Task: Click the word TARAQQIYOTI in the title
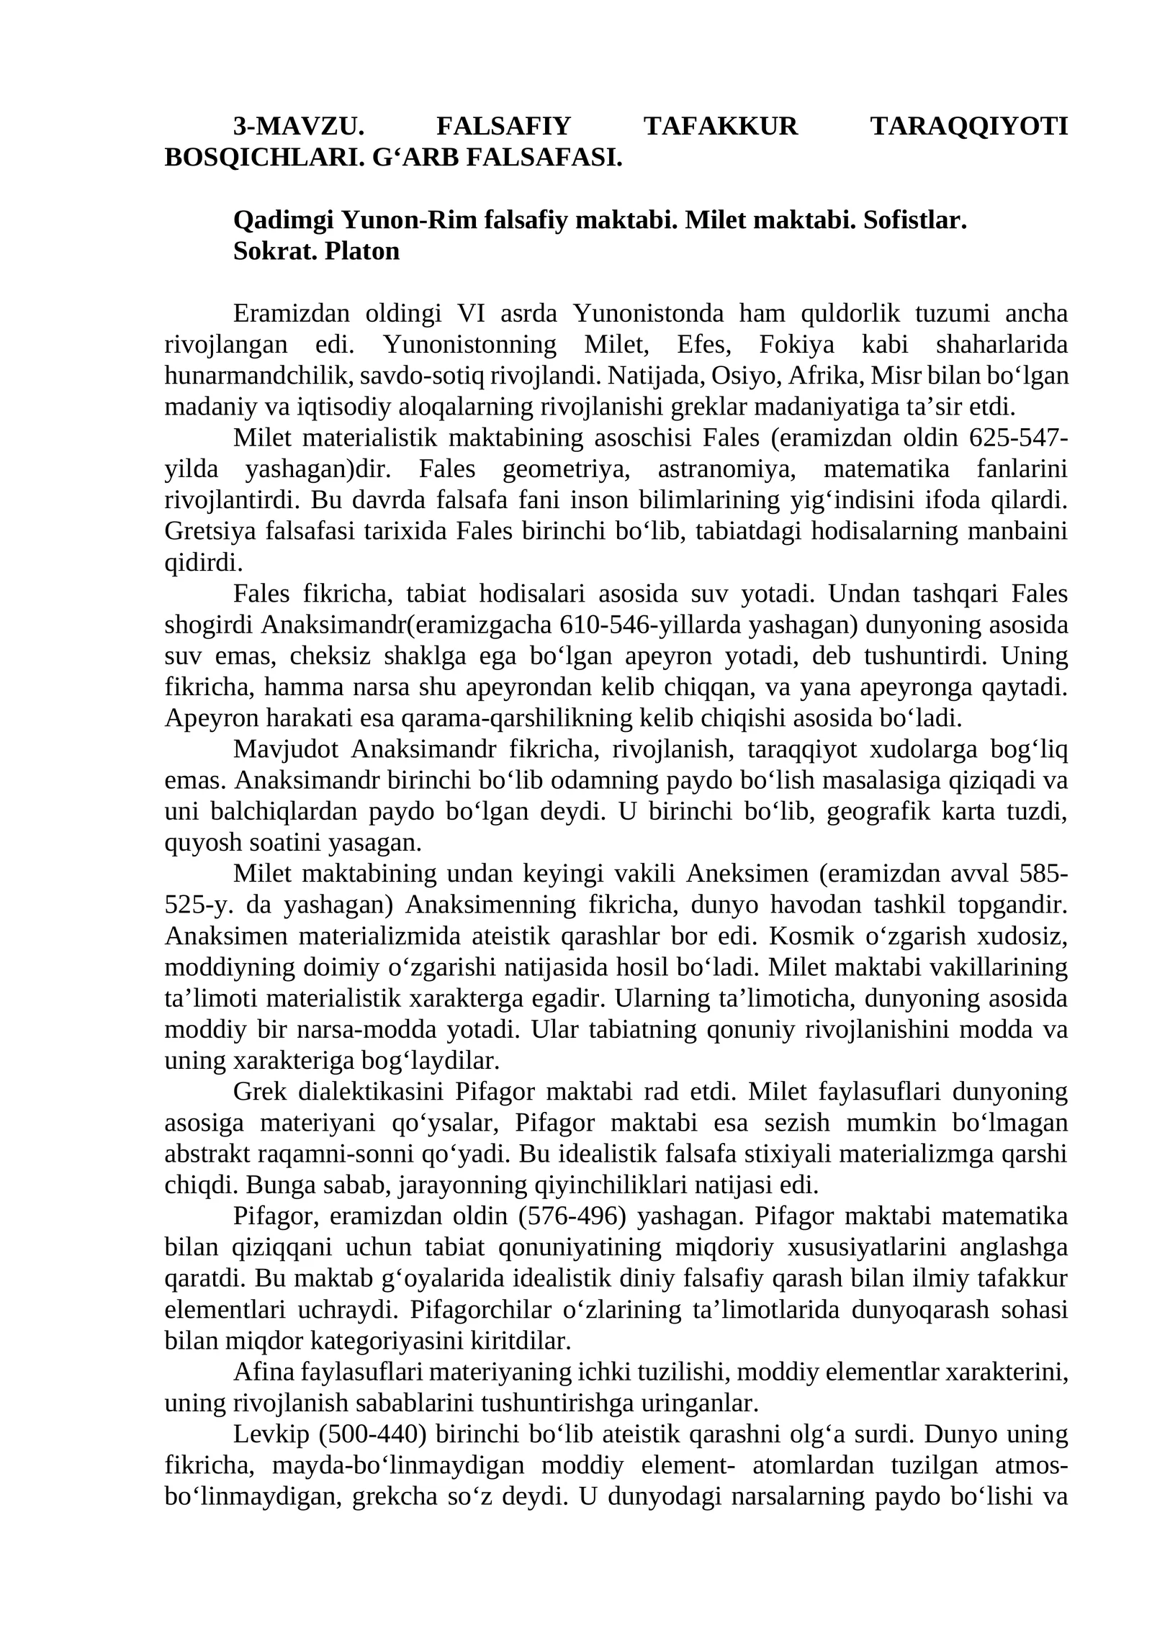coord(968,127)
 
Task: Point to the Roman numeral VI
coord(470,314)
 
